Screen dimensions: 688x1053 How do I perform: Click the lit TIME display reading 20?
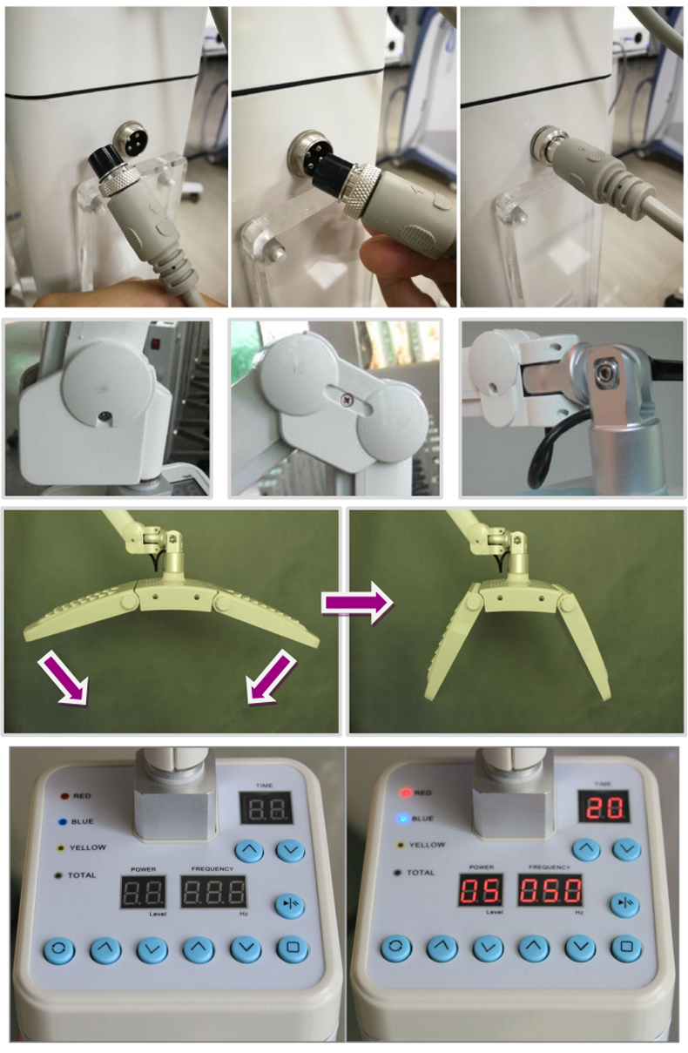click(x=604, y=807)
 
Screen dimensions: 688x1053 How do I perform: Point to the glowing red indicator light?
click(x=405, y=792)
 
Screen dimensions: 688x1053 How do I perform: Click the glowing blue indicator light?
click(x=402, y=819)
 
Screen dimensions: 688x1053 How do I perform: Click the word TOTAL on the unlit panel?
click(x=82, y=875)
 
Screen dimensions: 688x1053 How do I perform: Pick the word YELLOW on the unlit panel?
click(x=88, y=847)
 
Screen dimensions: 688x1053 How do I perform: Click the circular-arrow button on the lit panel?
click(x=396, y=948)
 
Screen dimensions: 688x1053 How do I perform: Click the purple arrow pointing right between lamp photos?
click(x=358, y=603)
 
